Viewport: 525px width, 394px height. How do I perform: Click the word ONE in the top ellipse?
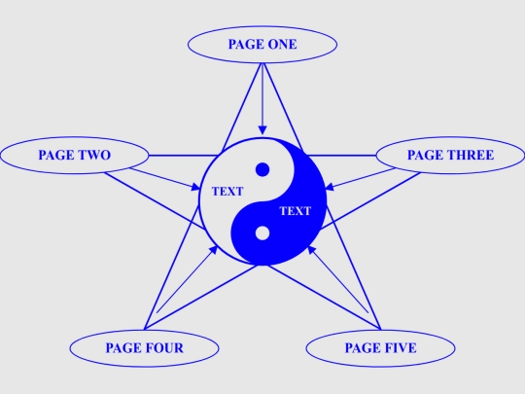(x=282, y=44)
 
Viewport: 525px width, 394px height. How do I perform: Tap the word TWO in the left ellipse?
(x=94, y=155)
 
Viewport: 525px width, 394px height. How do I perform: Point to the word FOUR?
(x=164, y=348)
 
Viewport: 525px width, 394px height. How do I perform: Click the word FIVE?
(x=401, y=348)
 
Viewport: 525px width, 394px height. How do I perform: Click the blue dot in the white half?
(x=262, y=169)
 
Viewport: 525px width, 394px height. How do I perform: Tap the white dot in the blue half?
(x=262, y=233)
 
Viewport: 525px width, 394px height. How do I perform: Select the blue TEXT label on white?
(x=227, y=192)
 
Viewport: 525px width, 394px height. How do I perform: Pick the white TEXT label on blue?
(x=296, y=211)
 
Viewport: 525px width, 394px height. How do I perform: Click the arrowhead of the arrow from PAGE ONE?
(x=262, y=130)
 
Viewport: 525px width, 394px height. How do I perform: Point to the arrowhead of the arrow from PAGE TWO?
(x=195, y=187)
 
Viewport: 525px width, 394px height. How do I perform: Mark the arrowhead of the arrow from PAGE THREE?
(x=330, y=187)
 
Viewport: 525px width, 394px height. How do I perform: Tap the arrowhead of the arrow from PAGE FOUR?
(x=213, y=250)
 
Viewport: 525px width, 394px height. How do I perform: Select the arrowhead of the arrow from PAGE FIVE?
(x=312, y=250)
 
